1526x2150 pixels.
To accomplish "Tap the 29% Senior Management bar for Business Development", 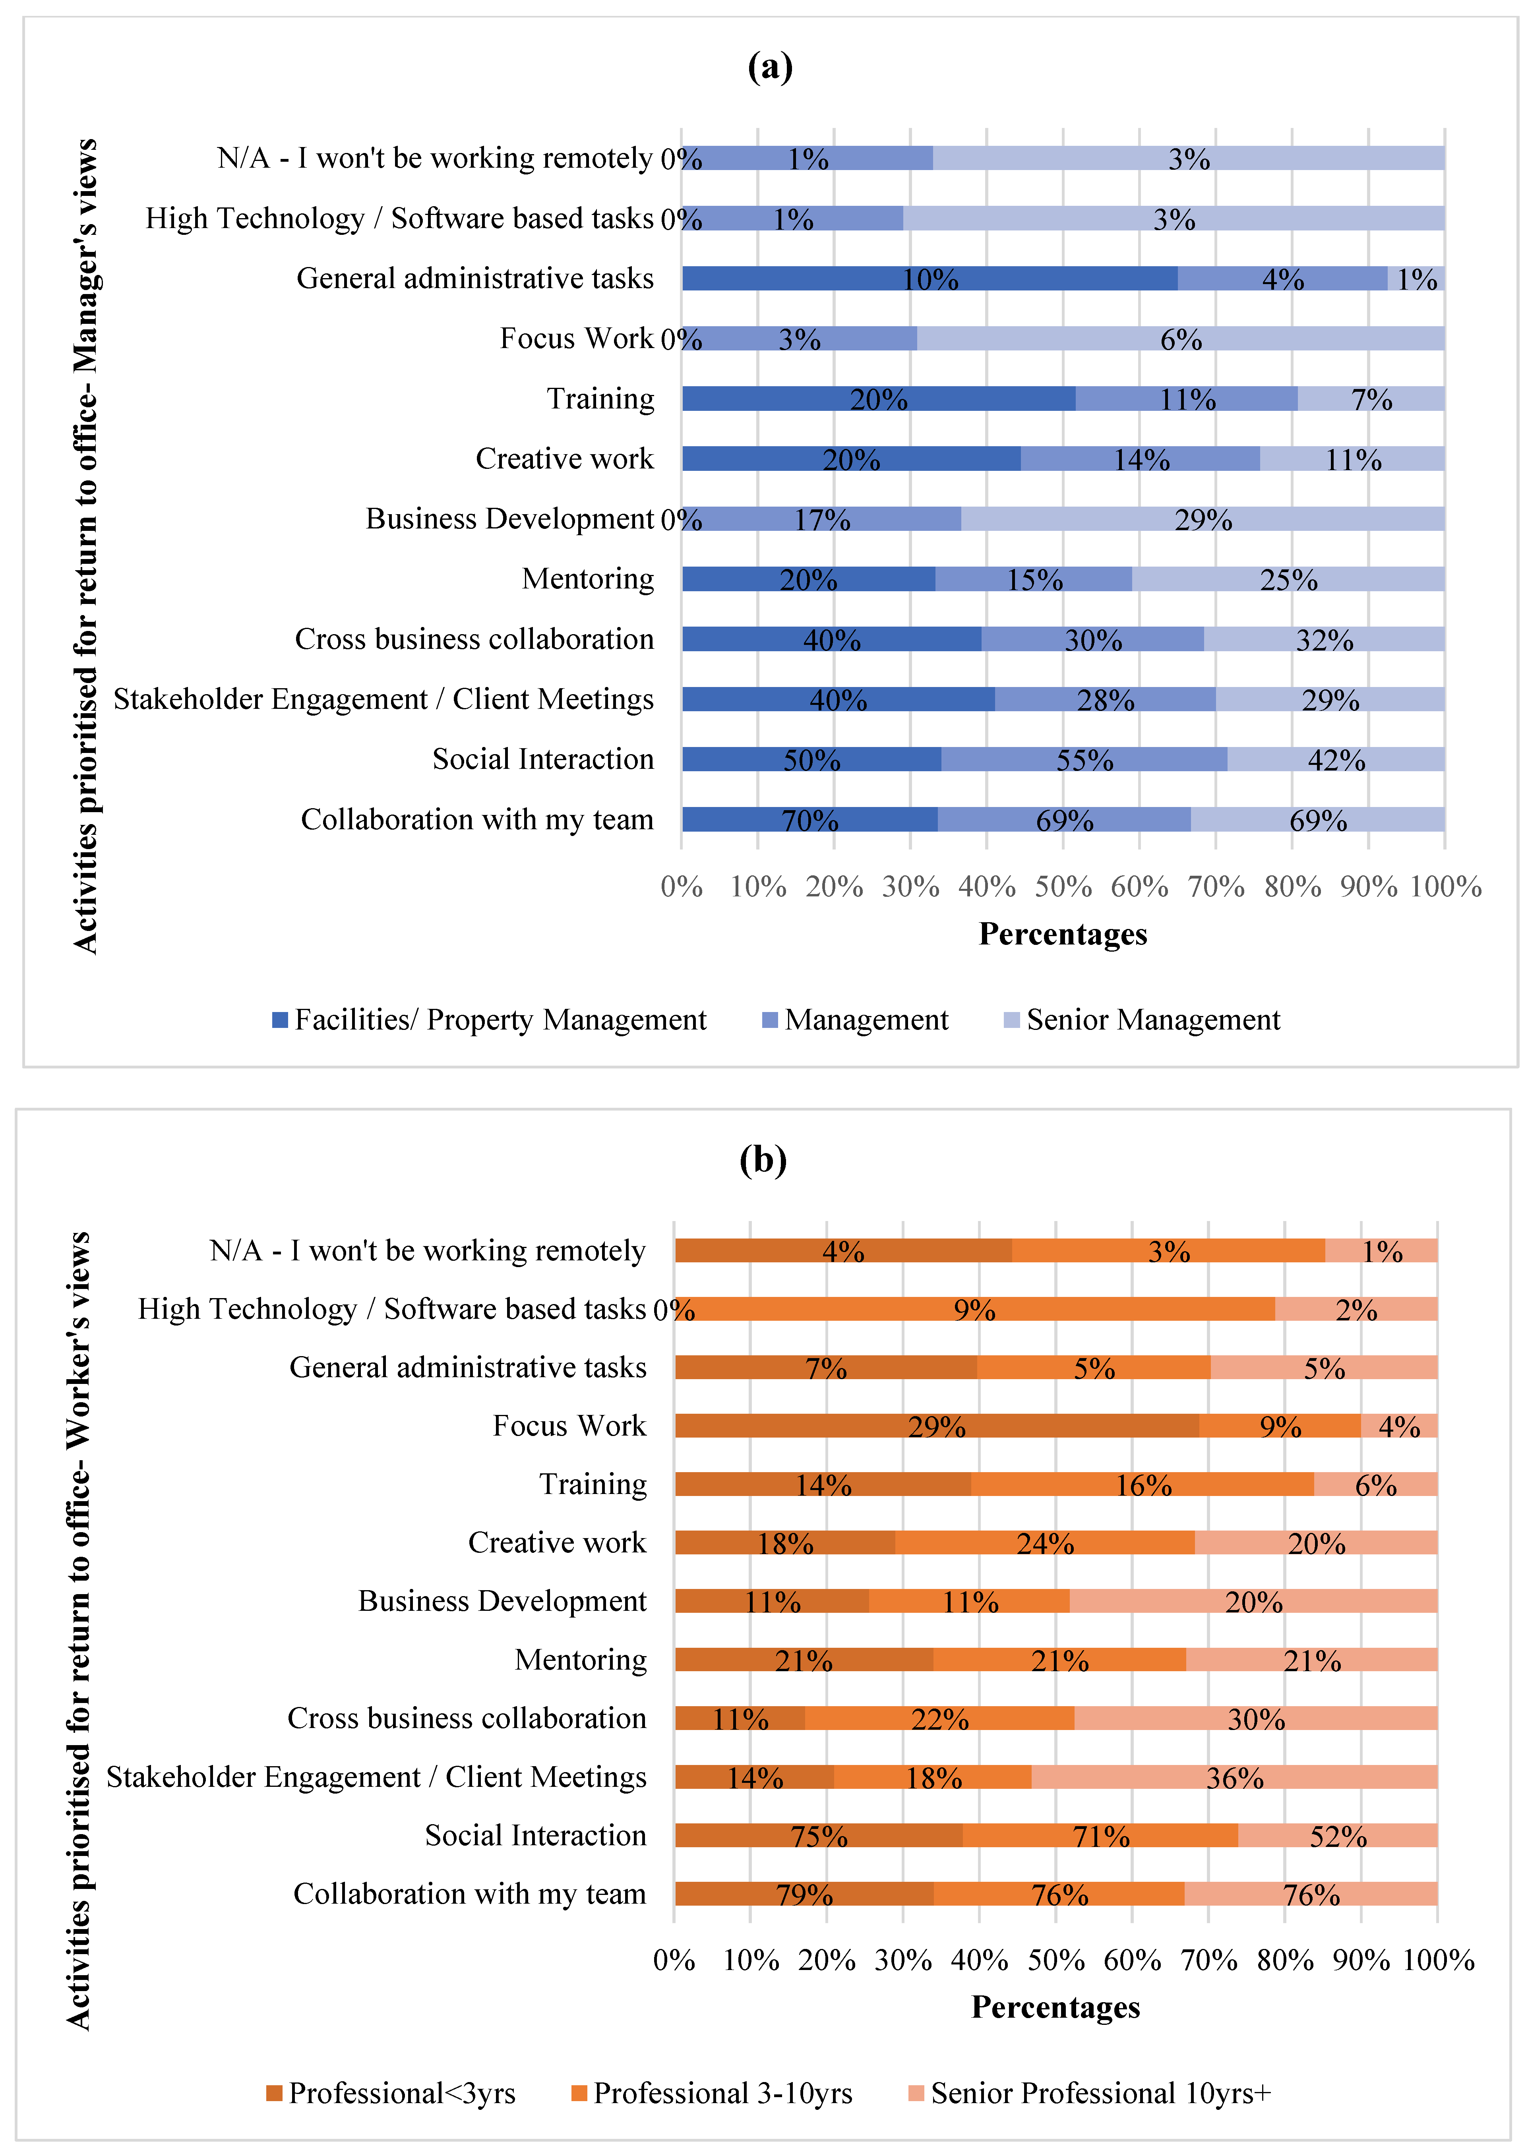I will coord(1203,519).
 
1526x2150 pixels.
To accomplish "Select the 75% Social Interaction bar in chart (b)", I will coord(819,1835).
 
